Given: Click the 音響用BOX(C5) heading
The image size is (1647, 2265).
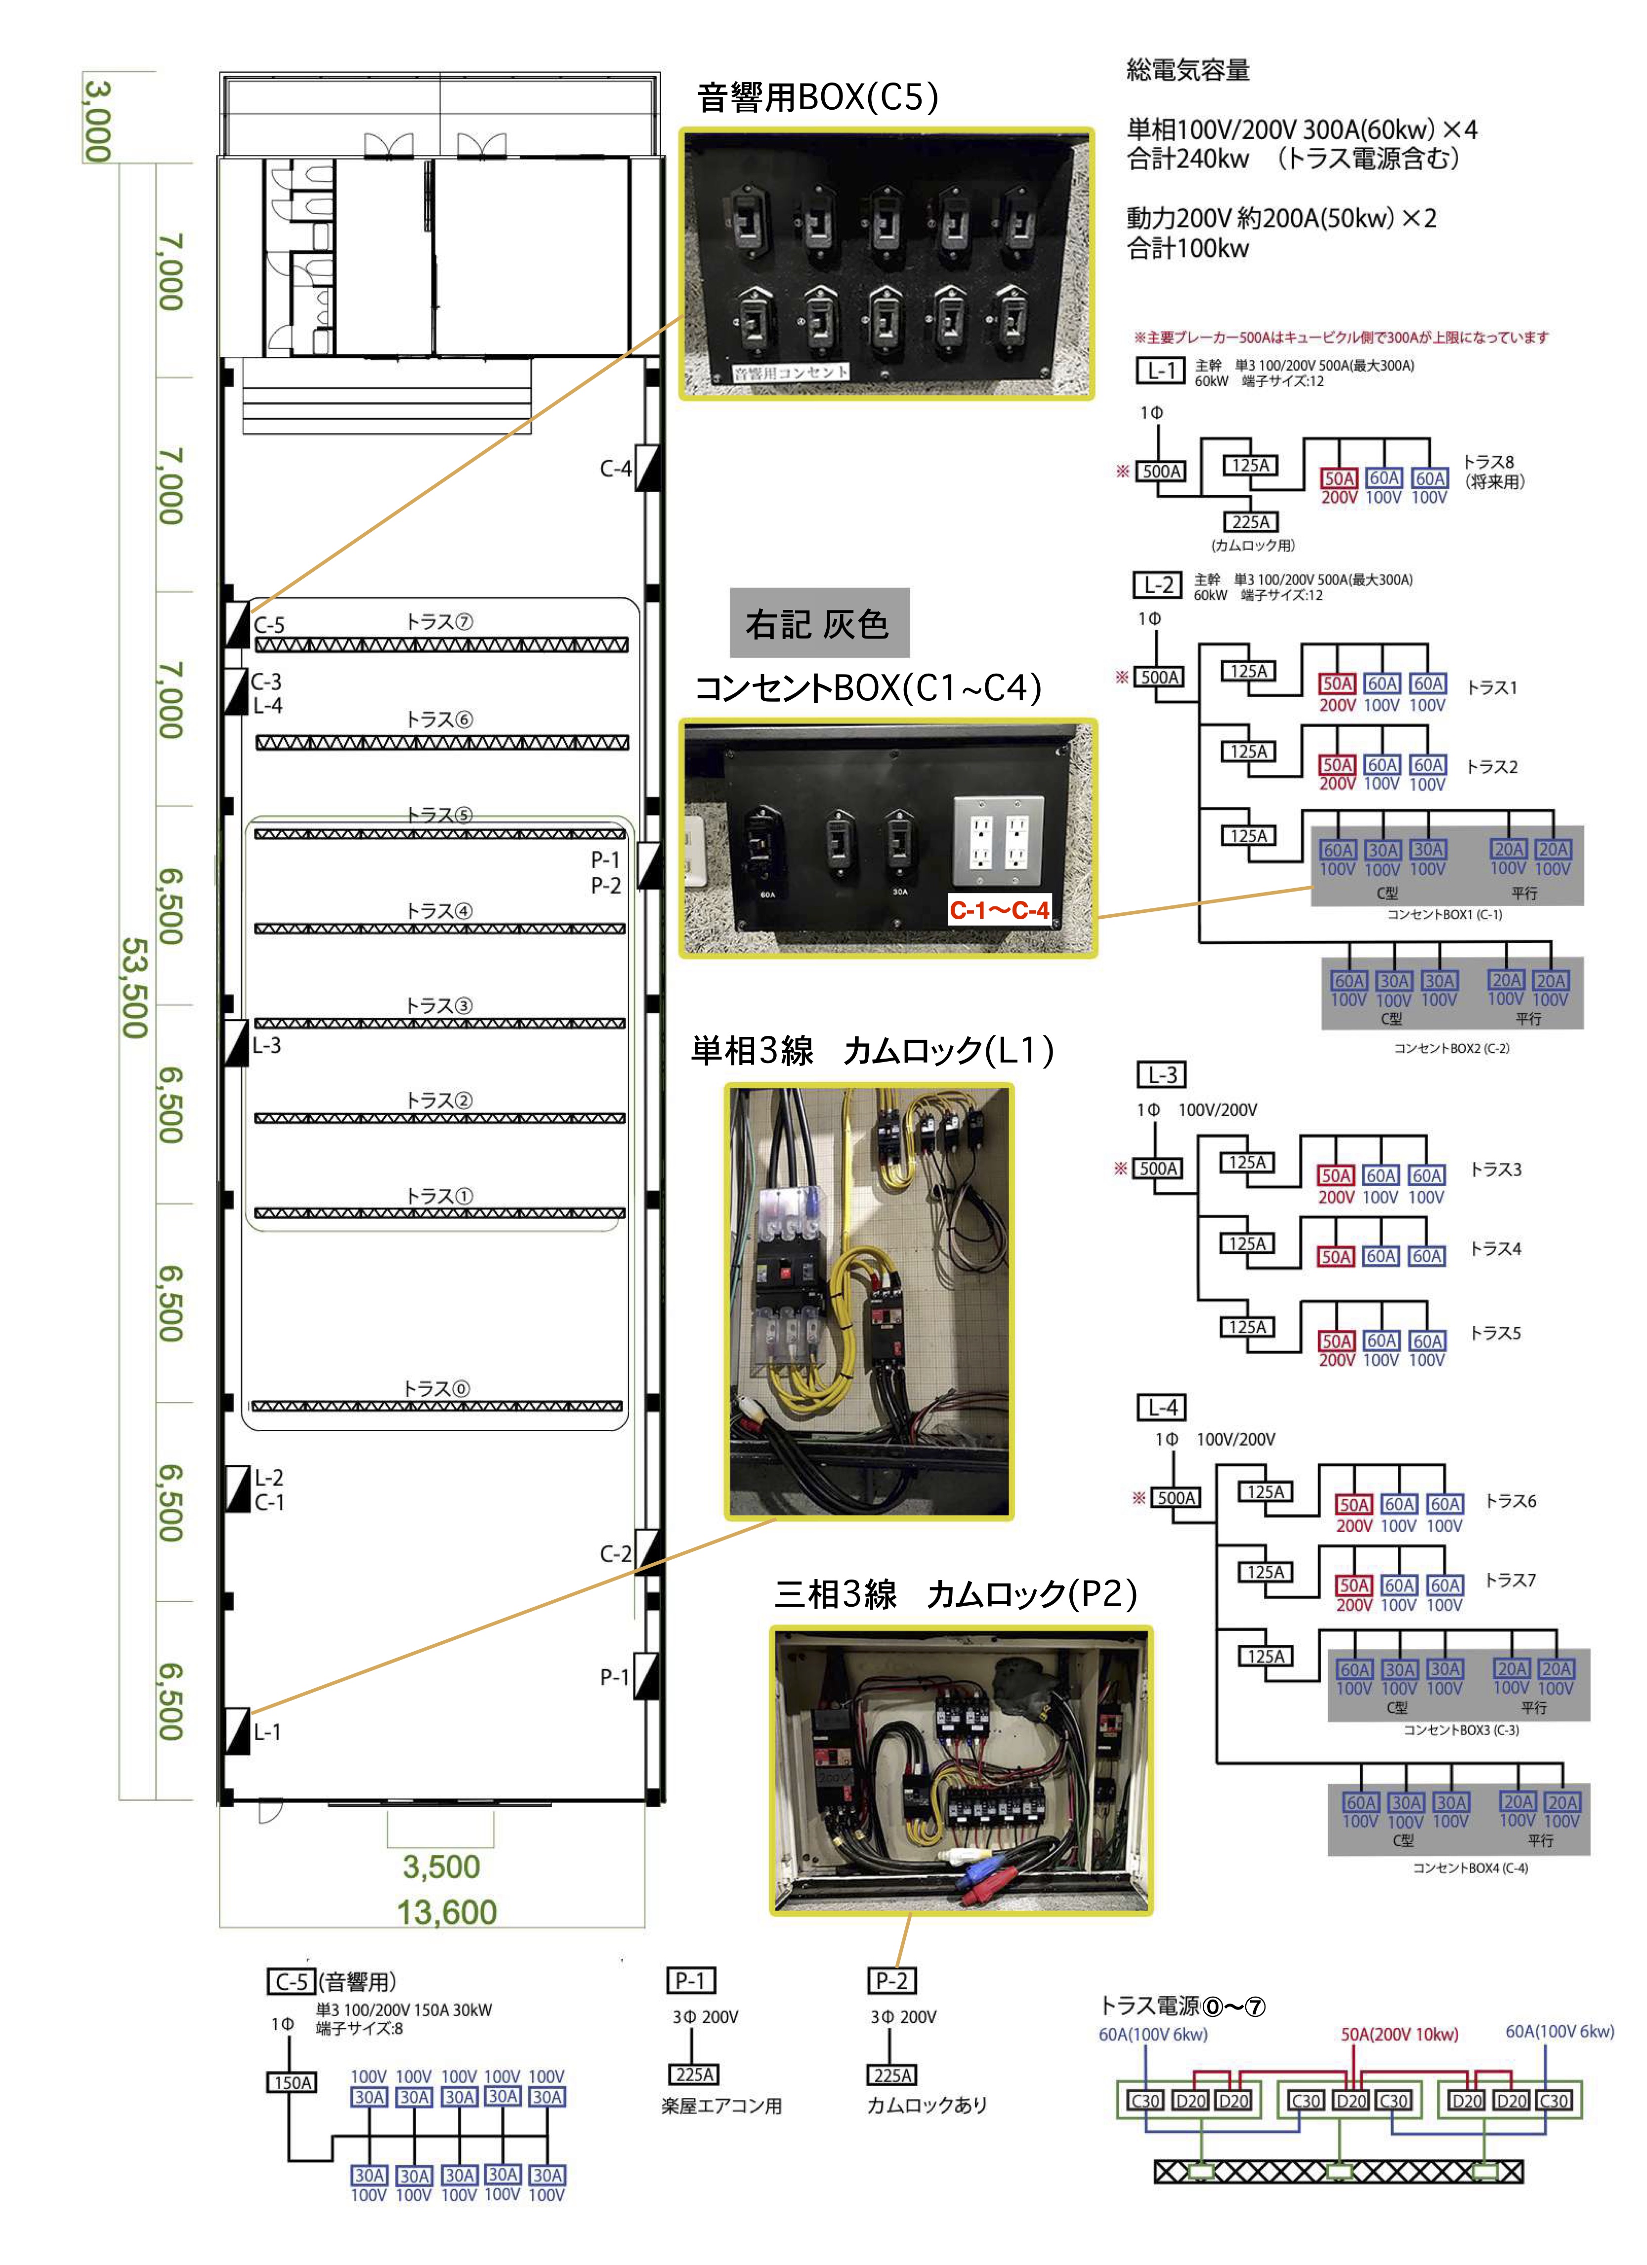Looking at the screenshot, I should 817,98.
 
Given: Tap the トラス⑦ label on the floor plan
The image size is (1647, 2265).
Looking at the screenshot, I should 439,622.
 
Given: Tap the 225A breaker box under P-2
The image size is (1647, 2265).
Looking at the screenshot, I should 892,2075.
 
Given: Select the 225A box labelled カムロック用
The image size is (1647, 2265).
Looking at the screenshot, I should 1251,522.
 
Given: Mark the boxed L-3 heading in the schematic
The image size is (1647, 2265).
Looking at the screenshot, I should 1162,1074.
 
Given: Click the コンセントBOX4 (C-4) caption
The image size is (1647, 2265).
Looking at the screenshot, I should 1469,1868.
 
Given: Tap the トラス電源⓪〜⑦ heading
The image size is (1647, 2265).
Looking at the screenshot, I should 1182,2006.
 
